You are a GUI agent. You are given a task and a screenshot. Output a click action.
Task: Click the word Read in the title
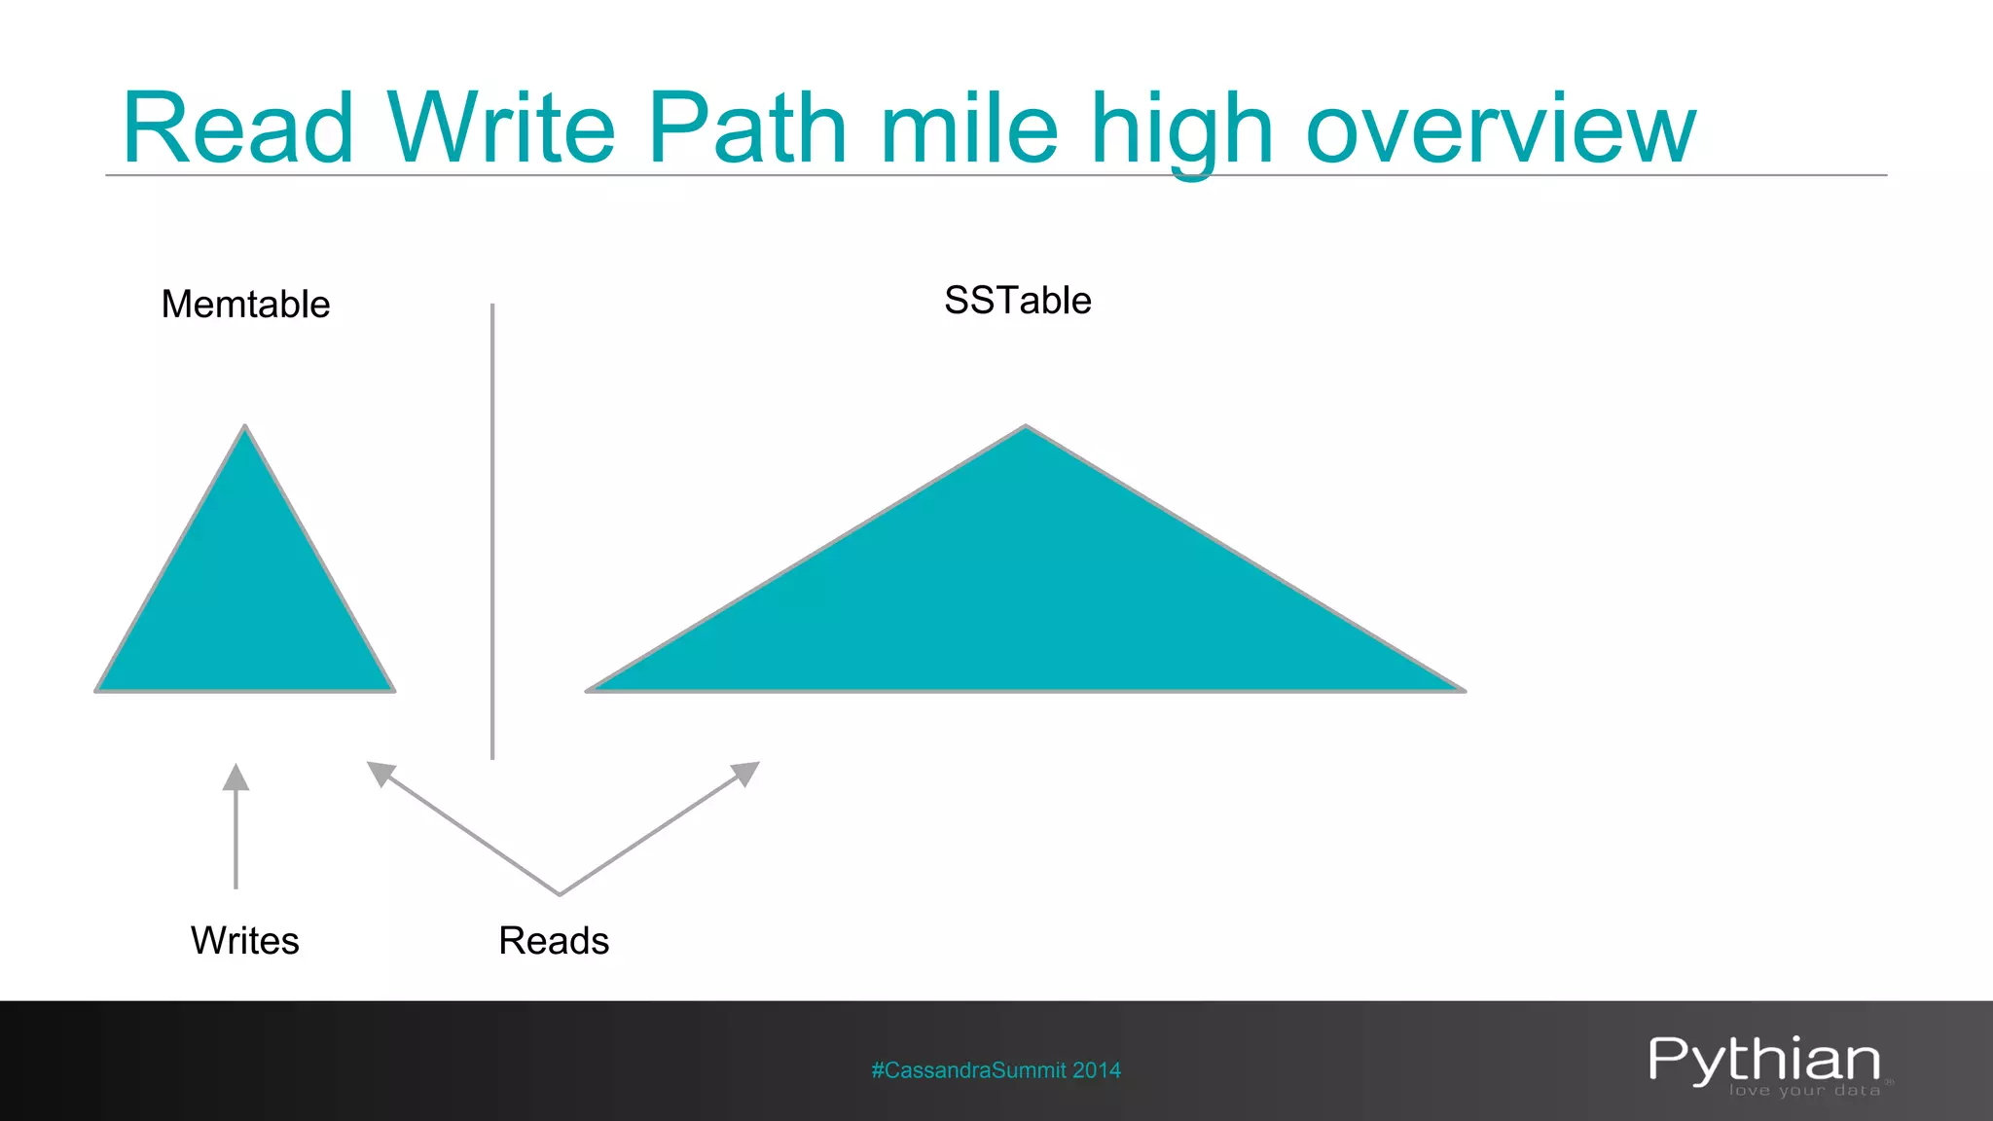[237, 127]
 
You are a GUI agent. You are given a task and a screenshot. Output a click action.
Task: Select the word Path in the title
[747, 127]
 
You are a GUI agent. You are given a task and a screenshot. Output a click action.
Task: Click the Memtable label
[245, 305]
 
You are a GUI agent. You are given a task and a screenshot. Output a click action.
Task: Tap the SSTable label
[1017, 301]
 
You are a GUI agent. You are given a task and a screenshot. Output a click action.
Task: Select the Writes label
[244, 941]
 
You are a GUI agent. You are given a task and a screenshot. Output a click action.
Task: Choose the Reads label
[554, 941]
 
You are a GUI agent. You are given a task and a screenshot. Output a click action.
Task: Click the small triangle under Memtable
[245, 603]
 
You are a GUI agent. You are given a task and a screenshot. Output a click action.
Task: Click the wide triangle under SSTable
[1026, 603]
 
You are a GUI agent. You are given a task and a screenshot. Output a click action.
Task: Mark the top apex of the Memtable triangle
[245, 428]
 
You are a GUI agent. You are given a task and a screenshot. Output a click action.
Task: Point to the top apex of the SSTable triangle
[1026, 428]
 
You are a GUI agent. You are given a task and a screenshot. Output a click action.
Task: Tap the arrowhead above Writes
[236, 777]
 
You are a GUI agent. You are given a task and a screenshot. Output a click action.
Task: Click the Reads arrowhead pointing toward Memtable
[379, 773]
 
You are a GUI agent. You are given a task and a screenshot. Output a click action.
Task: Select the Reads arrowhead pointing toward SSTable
[746, 773]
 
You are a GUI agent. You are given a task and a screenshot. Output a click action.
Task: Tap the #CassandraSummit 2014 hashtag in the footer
[996, 1070]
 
